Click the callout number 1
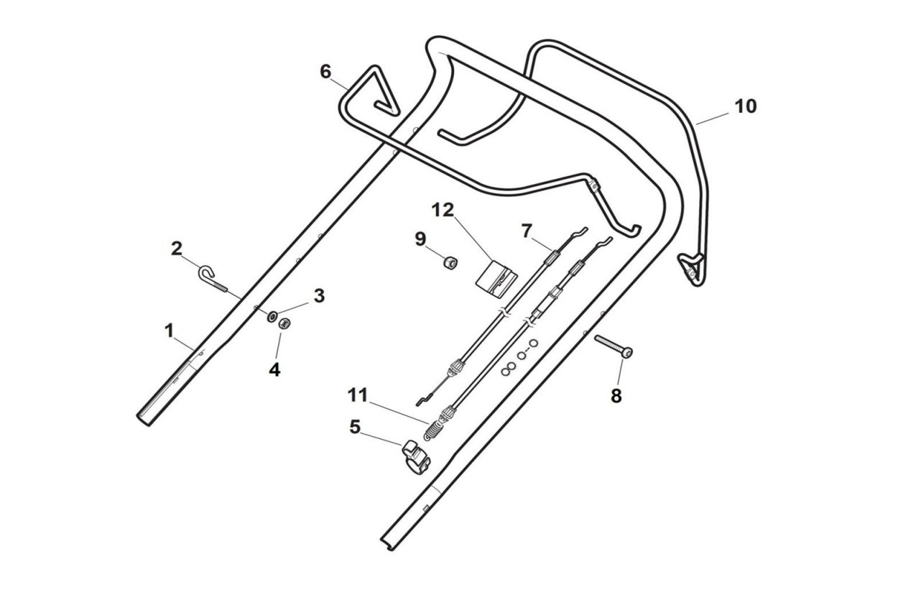pos(169,331)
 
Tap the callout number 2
pos(177,249)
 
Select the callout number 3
pos(319,295)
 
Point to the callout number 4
pos(274,370)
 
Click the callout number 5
pos(355,426)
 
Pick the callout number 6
pos(325,71)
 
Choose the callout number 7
pos(527,231)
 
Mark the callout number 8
pos(616,395)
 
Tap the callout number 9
pos(420,239)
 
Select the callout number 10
pos(745,106)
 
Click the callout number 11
pos(358,394)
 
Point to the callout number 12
pos(443,211)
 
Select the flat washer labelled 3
pos(274,317)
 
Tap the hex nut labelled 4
pos(284,323)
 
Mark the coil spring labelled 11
pos(433,430)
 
